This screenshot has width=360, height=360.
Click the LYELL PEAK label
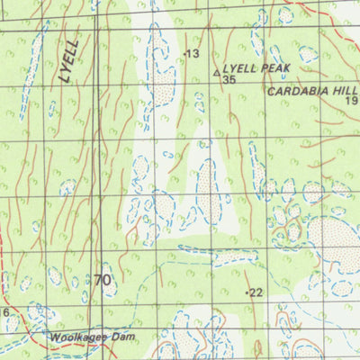(x=256, y=67)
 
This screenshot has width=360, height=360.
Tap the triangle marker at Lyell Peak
(x=216, y=71)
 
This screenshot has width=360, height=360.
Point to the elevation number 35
(x=229, y=80)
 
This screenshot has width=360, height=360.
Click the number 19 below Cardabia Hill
(x=352, y=102)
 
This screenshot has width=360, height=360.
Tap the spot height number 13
(x=192, y=55)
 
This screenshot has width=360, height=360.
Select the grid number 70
(x=102, y=281)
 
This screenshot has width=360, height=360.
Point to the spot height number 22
(x=256, y=292)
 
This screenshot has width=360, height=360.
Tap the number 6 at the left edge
(x=4, y=312)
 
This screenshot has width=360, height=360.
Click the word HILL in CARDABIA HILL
(x=345, y=91)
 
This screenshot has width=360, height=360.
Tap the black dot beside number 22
(x=247, y=293)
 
